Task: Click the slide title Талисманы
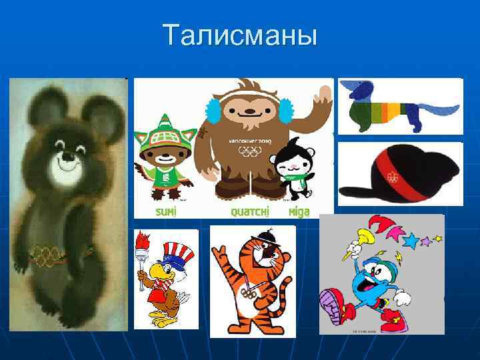click(240, 35)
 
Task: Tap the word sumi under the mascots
click(166, 211)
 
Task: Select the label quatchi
click(250, 211)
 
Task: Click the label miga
click(299, 211)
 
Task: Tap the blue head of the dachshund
click(362, 89)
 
